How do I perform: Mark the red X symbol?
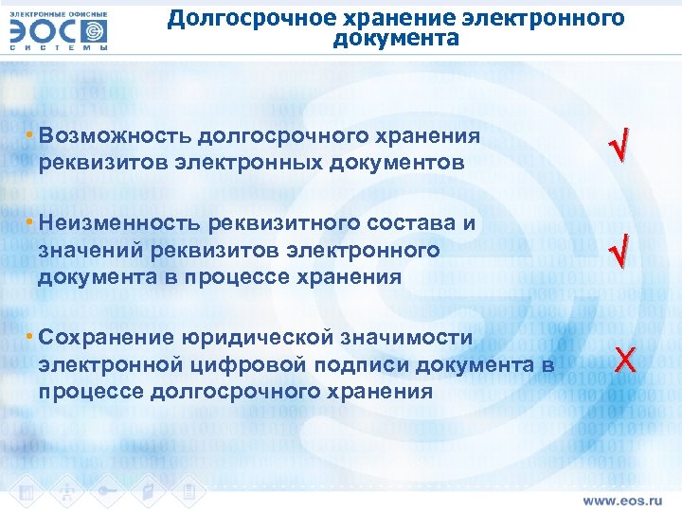pyautogui.click(x=624, y=360)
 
